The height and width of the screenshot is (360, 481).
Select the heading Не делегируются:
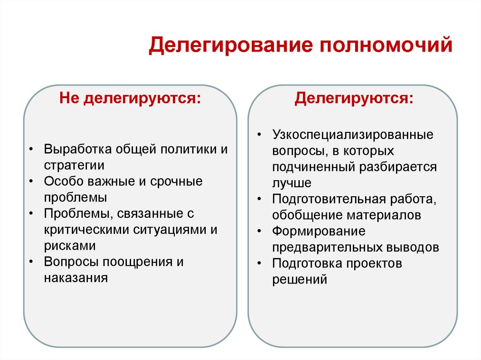pos(129,100)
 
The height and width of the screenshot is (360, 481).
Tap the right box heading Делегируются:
pos(355,99)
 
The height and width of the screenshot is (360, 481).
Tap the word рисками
pos(70,245)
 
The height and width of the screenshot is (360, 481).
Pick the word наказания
pos(76,277)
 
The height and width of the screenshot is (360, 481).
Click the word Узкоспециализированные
pos(353,135)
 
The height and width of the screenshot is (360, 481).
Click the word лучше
pos(291,183)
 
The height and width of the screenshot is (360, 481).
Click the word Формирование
pos(318,231)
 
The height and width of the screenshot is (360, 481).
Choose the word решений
pos(299,279)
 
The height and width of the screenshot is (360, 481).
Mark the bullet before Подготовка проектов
pos(259,264)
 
